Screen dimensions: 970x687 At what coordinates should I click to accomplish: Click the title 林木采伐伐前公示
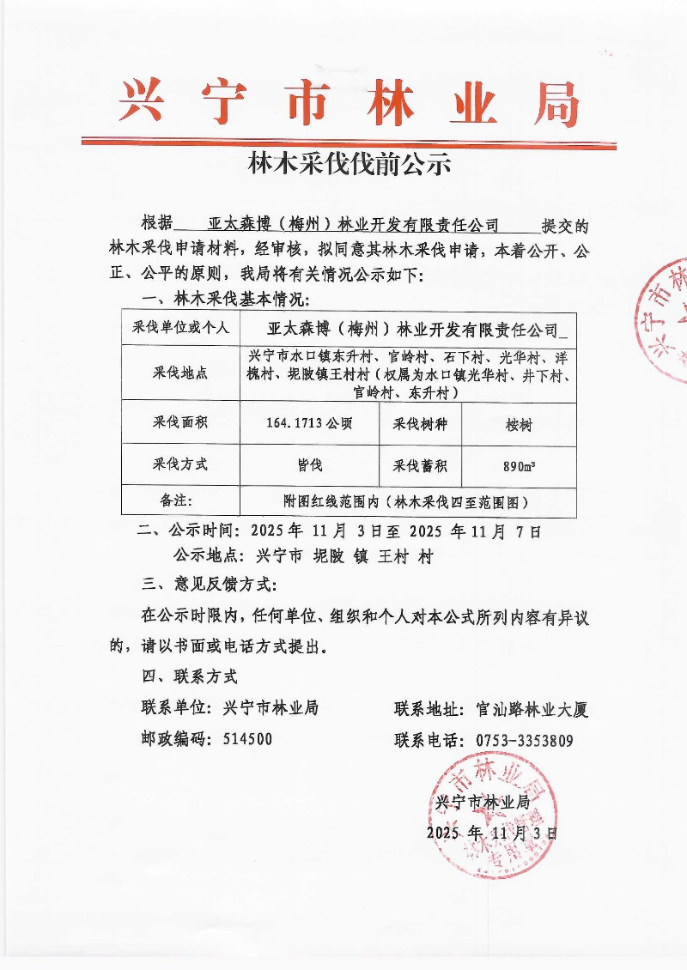[x=349, y=164]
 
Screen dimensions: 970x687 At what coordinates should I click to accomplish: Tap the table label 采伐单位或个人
[x=180, y=328]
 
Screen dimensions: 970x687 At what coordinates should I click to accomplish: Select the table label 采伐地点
[x=180, y=373]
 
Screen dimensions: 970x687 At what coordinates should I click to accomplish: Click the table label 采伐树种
[x=420, y=422]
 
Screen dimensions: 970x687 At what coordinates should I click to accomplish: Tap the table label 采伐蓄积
[x=420, y=464]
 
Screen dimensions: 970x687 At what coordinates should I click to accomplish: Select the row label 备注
[x=180, y=500]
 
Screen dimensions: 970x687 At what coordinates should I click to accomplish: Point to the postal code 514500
[x=247, y=739]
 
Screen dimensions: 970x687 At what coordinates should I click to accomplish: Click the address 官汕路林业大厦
[x=531, y=709]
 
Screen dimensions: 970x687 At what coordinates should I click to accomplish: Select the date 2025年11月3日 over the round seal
[x=492, y=832]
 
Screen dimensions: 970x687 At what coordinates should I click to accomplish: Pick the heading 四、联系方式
[x=189, y=676]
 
